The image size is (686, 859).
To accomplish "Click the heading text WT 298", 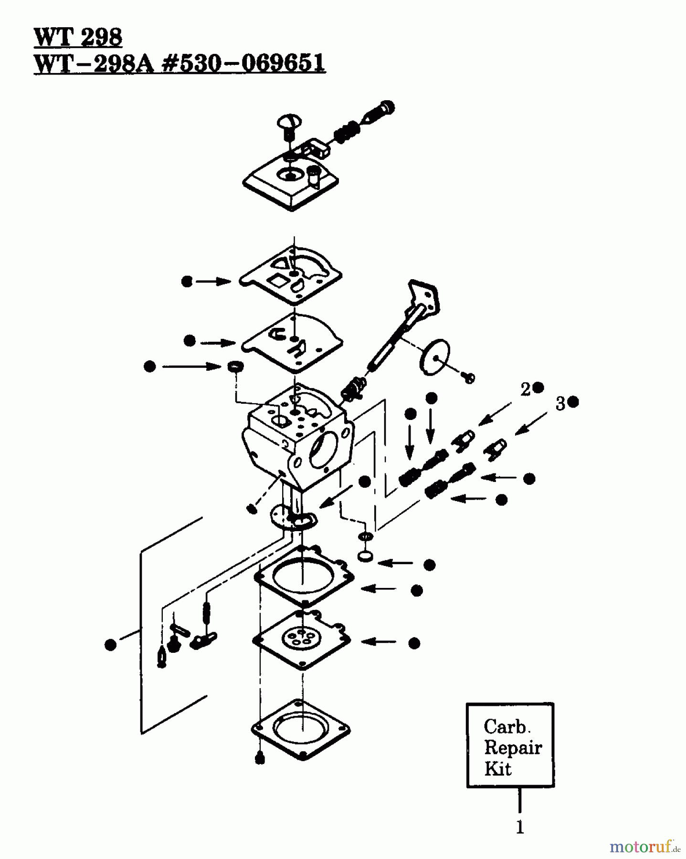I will click(x=78, y=37).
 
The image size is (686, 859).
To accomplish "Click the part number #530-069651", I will click(x=244, y=63).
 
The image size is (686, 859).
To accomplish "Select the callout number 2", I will click(x=525, y=390).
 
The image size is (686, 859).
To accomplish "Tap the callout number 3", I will click(x=560, y=404).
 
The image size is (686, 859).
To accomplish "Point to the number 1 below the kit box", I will click(x=520, y=827).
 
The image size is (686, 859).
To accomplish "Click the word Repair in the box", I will click(x=513, y=748).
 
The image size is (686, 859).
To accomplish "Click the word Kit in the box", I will click(x=497, y=769).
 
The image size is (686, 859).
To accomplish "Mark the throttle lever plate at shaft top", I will click(x=423, y=295).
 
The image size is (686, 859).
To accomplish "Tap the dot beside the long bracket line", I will click(x=110, y=645).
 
